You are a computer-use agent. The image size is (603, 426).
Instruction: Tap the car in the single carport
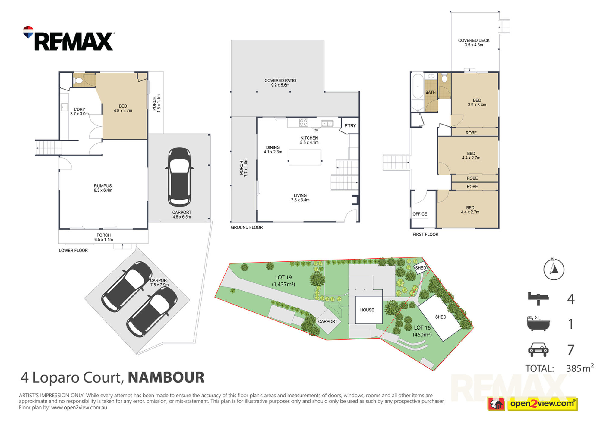[179, 177]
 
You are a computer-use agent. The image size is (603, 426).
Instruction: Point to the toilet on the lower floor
[78, 80]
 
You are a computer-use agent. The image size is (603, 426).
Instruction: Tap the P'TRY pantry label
[350, 126]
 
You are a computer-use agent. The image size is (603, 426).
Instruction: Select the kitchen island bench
[305, 157]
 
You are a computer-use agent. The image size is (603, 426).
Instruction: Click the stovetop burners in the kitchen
[304, 122]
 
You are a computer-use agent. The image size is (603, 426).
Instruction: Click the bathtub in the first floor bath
[418, 86]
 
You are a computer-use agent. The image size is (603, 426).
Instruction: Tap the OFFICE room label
[420, 214]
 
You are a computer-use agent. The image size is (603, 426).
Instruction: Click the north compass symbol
[554, 269]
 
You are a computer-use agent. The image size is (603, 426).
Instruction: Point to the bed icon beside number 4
[538, 298]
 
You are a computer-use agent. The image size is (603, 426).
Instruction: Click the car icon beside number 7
[538, 349]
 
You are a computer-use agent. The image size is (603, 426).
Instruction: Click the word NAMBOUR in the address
[166, 377]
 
